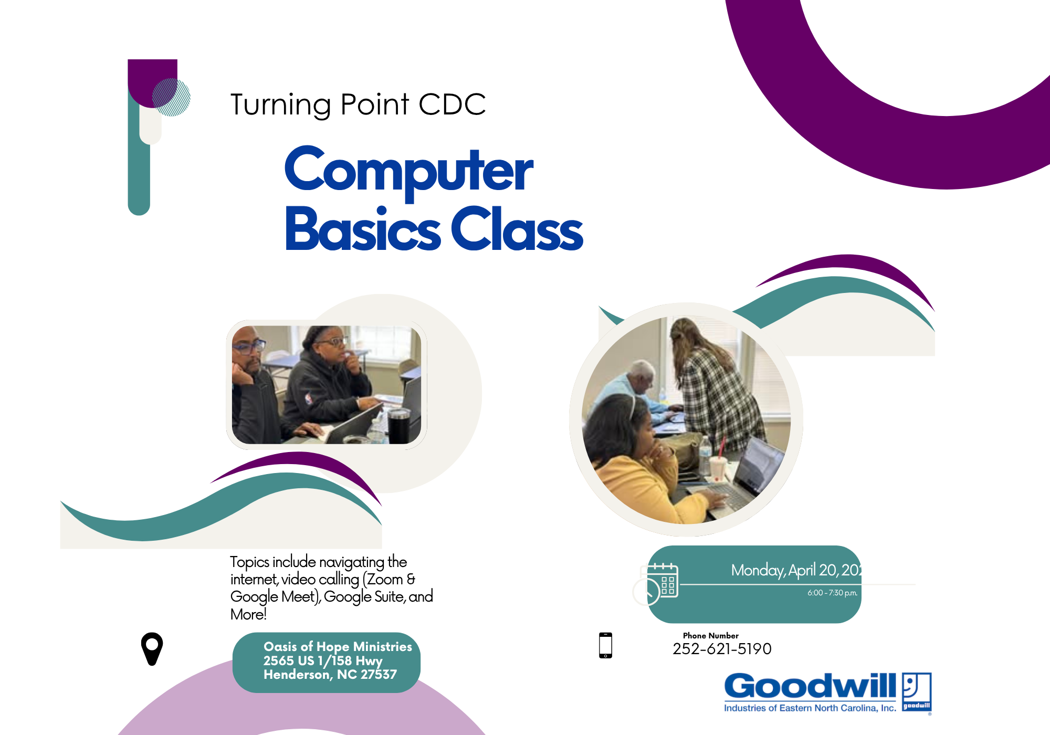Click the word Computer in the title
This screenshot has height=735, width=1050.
pyautogui.click(x=408, y=171)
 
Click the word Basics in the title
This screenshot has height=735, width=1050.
pyautogui.click(x=362, y=230)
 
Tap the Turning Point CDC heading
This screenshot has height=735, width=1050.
pyautogui.click(x=358, y=104)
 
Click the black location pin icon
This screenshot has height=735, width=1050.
pyautogui.click(x=152, y=648)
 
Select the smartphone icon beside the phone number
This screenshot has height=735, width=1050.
pyautogui.click(x=605, y=645)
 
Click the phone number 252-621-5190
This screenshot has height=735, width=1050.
pyautogui.click(x=722, y=649)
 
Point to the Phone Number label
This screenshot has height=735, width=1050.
pyautogui.click(x=710, y=635)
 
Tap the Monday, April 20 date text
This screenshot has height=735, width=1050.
pyautogui.click(x=795, y=570)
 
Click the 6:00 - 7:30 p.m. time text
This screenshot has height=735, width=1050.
pyautogui.click(x=832, y=593)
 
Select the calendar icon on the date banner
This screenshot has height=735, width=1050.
pyautogui.click(x=663, y=581)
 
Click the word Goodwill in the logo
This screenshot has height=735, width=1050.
pyautogui.click(x=810, y=687)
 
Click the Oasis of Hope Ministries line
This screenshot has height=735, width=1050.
pyautogui.click(x=338, y=646)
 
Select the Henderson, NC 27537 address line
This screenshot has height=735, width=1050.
pyautogui.click(x=330, y=675)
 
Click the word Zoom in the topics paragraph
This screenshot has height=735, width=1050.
pyautogui.click(x=385, y=579)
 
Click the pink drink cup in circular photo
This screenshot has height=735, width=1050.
pyautogui.click(x=717, y=469)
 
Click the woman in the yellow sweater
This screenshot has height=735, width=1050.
pyautogui.click(x=635, y=462)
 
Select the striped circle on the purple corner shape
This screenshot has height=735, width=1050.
pyautogui.click(x=171, y=97)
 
